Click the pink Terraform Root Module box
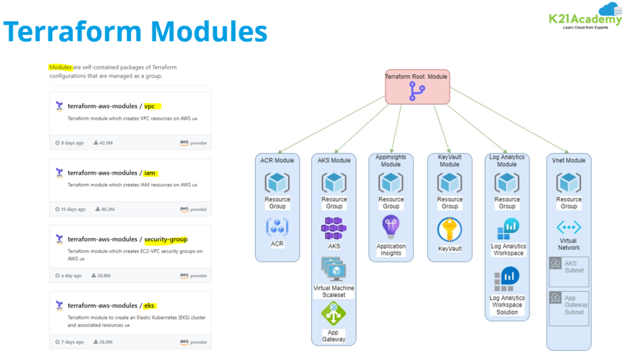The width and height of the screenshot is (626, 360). pos(418,86)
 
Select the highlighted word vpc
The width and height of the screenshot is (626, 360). pos(150,106)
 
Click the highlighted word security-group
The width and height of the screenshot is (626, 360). pos(166,239)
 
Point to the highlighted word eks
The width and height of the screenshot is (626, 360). pos(150,305)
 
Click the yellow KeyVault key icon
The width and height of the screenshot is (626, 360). pos(449,231)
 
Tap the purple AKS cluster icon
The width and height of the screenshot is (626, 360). pos(334,229)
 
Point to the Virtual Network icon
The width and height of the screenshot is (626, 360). pos(569,227)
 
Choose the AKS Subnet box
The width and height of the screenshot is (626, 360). pos(569,272)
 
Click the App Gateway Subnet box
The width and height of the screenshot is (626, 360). pos(569,307)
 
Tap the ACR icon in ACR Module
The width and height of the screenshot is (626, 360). pos(277,227)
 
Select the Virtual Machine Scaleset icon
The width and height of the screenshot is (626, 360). pos(334,269)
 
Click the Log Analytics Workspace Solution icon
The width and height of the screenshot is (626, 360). pos(507,279)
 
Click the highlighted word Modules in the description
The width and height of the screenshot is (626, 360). pos(61,67)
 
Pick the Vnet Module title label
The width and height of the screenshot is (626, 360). pos(569,161)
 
